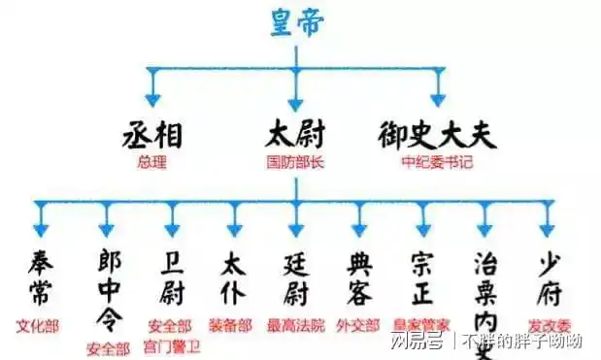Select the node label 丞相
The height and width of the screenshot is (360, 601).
point(151,135)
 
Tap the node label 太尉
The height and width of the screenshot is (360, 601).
point(296,135)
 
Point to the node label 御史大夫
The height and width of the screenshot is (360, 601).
point(437,135)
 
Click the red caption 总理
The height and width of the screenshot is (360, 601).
point(151,162)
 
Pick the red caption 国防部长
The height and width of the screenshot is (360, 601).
point(296,162)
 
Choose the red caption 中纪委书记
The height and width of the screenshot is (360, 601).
point(437,162)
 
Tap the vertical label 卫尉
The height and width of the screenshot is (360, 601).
point(170,276)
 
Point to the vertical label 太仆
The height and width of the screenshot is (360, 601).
point(233,276)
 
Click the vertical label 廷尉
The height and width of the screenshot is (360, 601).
point(296,276)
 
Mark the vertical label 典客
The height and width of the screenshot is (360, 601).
point(358,276)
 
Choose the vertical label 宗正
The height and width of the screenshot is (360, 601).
point(422,276)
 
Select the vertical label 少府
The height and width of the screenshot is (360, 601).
point(549,276)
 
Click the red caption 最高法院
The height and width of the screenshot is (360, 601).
point(296,326)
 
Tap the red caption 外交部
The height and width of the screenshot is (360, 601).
point(357,326)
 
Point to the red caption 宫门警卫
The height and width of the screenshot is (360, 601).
point(171,344)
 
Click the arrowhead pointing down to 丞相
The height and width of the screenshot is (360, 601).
point(151,98)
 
